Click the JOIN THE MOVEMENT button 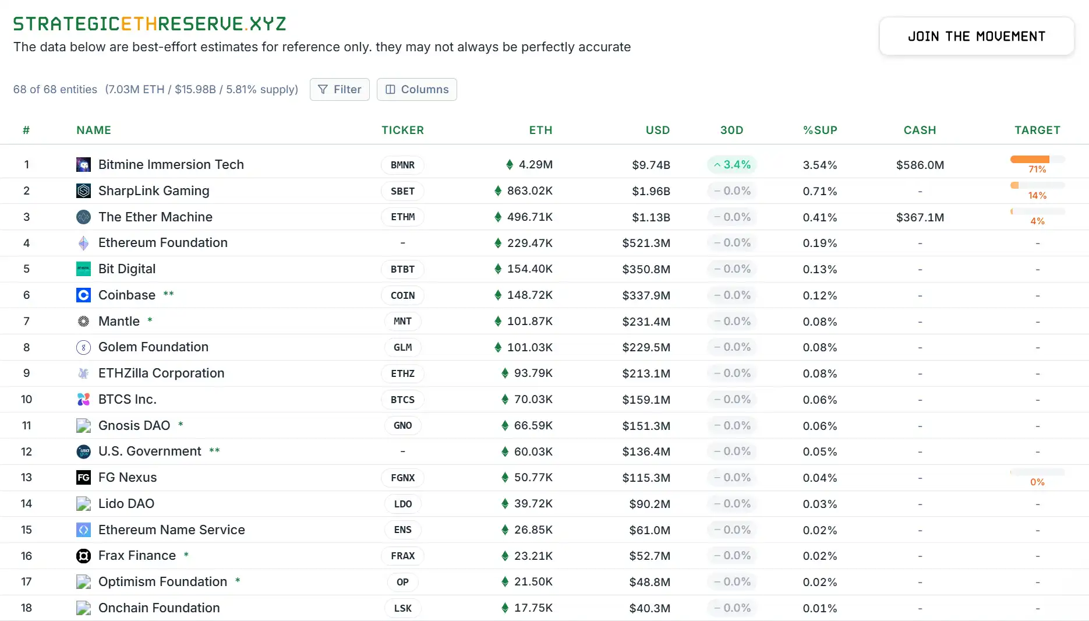click(976, 36)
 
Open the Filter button click(340, 89)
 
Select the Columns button click(416, 89)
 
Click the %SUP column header click(820, 130)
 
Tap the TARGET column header click(1037, 130)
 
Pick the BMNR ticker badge click(402, 165)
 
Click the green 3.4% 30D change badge click(732, 165)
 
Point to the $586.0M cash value click(920, 165)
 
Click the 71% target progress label click(1037, 170)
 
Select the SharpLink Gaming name click(154, 190)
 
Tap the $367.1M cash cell click(920, 217)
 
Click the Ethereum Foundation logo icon click(84, 243)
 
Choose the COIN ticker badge click(402, 295)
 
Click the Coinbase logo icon click(84, 295)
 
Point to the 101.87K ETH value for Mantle click(529, 321)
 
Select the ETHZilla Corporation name click(161, 373)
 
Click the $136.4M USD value click(646, 451)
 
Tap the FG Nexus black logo click(84, 478)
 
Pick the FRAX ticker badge click(402, 556)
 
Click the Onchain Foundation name click(159, 608)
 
